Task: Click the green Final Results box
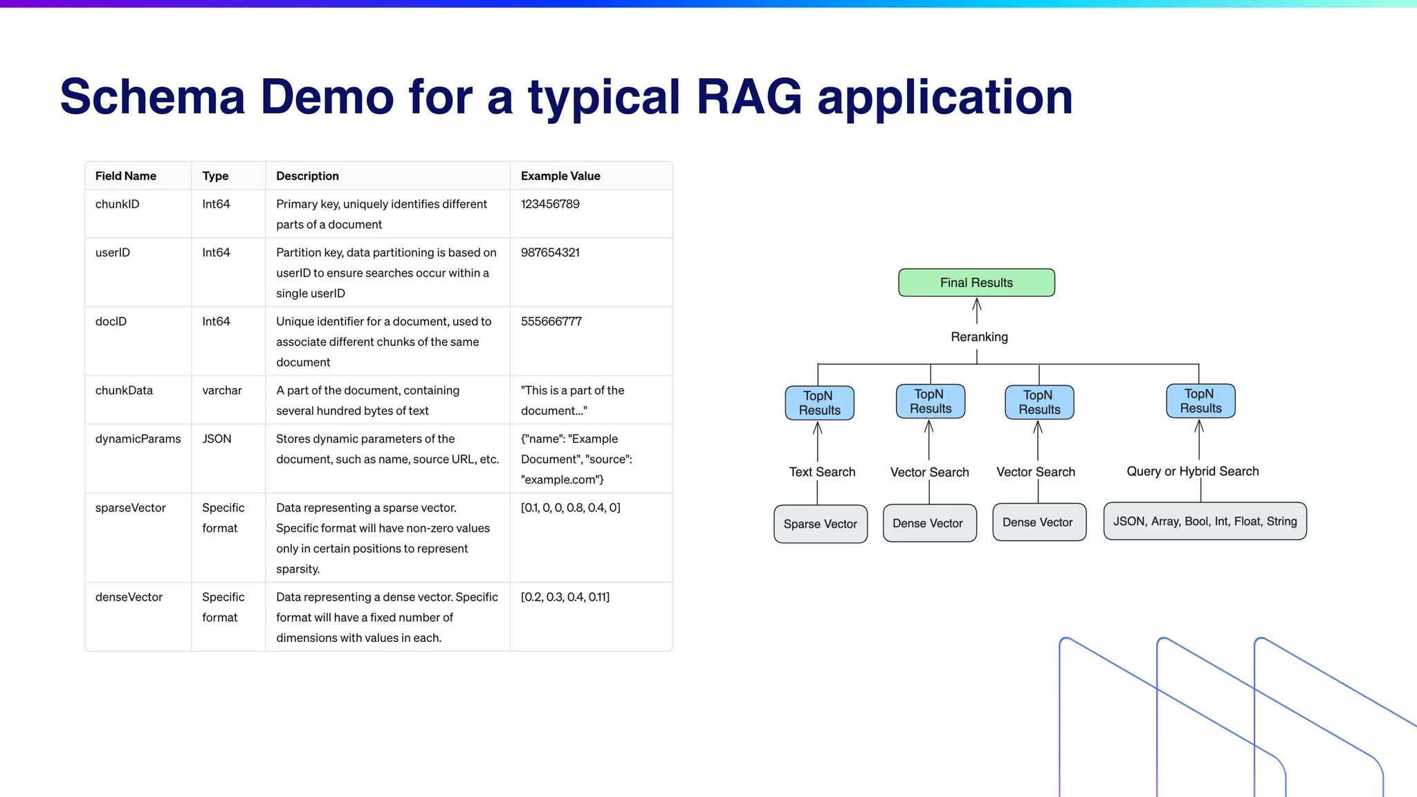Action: (976, 282)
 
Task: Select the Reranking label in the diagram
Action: (979, 337)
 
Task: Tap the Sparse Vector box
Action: (820, 524)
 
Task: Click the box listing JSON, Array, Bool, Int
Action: (1205, 521)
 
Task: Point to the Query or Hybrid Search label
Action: (1192, 471)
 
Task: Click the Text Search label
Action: (822, 472)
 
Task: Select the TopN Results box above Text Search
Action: (819, 403)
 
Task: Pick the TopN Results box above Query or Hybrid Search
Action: (1200, 401)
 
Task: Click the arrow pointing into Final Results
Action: (977, 310)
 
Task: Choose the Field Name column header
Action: (126, 176)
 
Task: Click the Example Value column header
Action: (560, 176)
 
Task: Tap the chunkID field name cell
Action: (118, 204)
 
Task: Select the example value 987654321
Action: (550, 253)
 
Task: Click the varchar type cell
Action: (222, 390)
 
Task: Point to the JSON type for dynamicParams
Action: (217, 439)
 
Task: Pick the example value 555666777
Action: (551, 321)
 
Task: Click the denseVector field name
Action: (129, 597)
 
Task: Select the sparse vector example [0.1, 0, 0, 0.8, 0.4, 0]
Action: (570, 508)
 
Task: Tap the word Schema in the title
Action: (153, 97)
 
